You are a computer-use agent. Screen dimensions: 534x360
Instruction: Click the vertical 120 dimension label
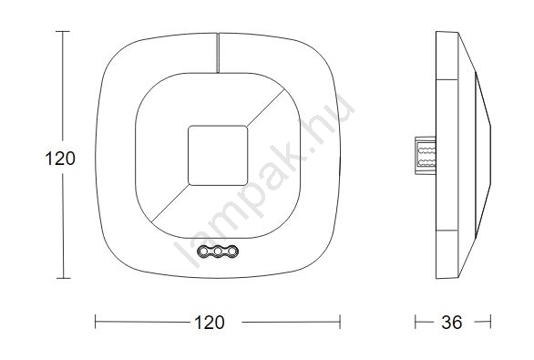pos(60,159)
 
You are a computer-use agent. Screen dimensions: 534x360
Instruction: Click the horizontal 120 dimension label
pos(210,323)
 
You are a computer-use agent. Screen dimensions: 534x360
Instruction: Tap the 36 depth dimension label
pos(452,323)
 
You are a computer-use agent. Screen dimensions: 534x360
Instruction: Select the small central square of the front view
pos(218,155)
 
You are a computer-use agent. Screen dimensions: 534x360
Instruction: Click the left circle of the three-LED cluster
pos(203,252)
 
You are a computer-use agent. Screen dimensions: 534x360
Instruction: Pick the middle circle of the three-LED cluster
pos(218,252)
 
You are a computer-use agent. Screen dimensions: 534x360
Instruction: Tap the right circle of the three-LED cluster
pos(232,252)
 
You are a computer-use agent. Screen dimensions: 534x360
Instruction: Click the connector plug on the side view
pos(426,155)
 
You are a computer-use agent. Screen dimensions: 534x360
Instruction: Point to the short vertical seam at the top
pos(218,53)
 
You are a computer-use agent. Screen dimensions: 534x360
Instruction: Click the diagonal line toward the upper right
pos(266,108)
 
